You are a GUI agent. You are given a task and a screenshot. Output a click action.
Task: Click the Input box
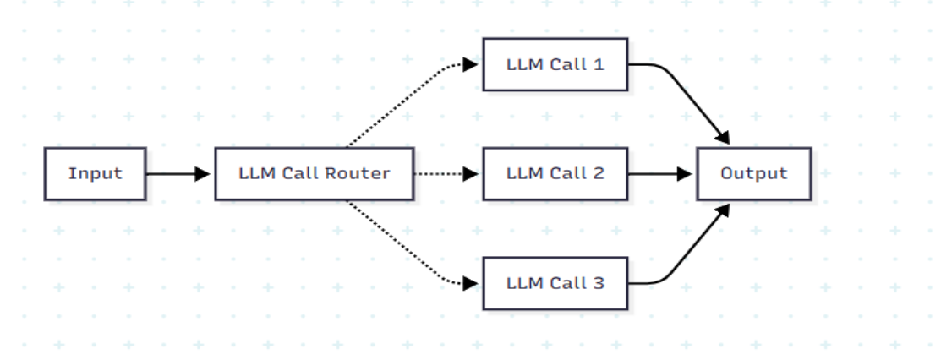click(96, 174)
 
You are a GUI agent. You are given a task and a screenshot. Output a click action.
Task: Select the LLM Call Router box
click(314, 174)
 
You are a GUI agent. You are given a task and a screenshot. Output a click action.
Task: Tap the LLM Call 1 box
click(555, 64)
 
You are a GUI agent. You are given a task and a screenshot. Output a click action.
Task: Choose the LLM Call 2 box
click(555, 174)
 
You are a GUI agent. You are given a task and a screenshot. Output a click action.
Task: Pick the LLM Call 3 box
click(555, 283)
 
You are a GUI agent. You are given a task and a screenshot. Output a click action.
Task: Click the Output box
click(753, 174)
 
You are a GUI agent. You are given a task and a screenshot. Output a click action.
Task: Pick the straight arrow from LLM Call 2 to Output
click(659, 174)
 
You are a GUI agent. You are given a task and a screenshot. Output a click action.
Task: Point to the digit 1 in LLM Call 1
click(599, 64)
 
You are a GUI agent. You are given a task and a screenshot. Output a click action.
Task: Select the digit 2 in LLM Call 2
click(599, 174)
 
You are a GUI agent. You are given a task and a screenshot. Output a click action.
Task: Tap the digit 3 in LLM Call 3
click(599, 283)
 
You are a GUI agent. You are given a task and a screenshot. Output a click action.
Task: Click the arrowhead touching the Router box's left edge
click(203, 174)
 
